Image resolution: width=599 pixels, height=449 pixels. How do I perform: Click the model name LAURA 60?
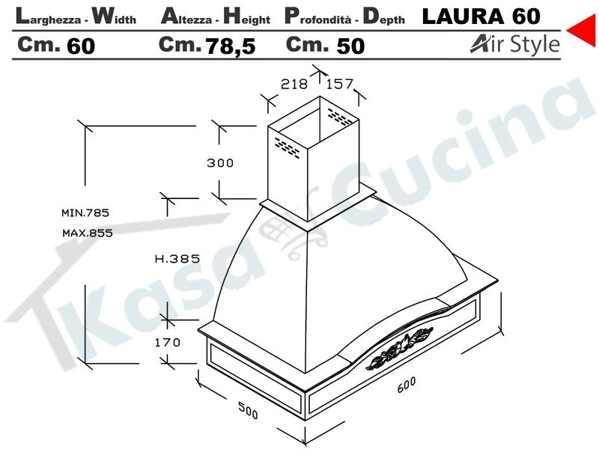[481, 16]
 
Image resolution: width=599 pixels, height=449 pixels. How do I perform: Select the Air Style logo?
[515, 44]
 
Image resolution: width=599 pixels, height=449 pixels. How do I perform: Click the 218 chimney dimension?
[294, 84]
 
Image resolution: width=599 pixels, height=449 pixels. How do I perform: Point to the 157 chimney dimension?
[340, 84]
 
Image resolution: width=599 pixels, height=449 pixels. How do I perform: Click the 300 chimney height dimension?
[220, 163]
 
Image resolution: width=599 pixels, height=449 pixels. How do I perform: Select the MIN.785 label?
[85, 213]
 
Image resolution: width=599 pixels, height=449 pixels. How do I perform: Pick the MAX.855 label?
[88, 233]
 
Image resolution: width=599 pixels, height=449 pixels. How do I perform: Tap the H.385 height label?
[177, 259]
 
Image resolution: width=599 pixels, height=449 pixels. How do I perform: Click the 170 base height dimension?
[167, 342]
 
